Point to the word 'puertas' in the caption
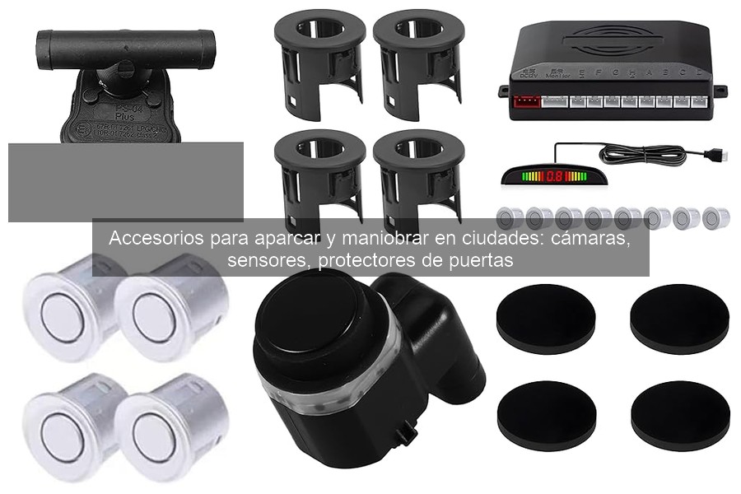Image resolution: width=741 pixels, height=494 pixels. tap(485, 261)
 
